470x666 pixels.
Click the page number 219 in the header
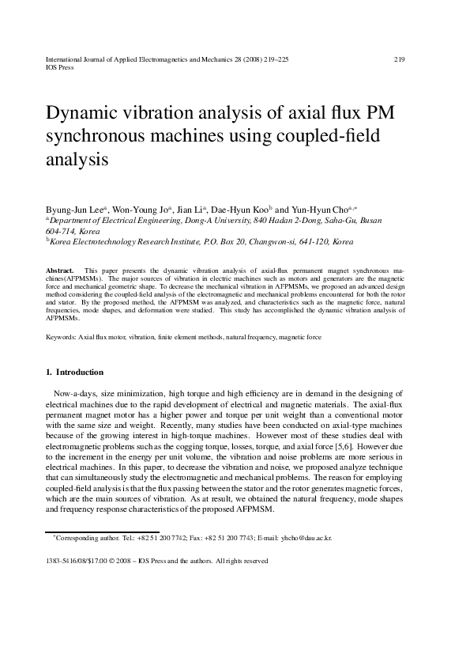tap(399, 59)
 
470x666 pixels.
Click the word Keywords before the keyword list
tap(61, 337)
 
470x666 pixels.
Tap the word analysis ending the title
tap(77, 160)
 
